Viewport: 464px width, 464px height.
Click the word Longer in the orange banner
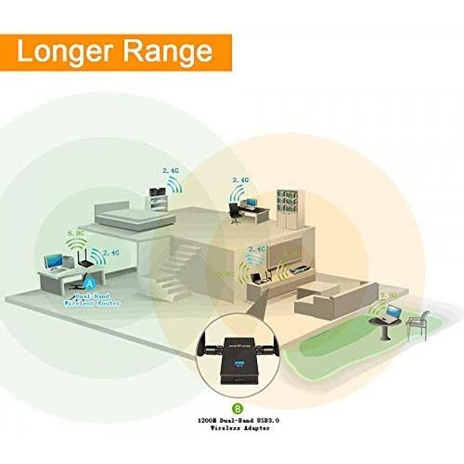[64, 51]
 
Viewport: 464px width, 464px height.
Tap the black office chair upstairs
[234, 211]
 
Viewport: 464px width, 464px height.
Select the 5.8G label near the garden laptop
[389, 294]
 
